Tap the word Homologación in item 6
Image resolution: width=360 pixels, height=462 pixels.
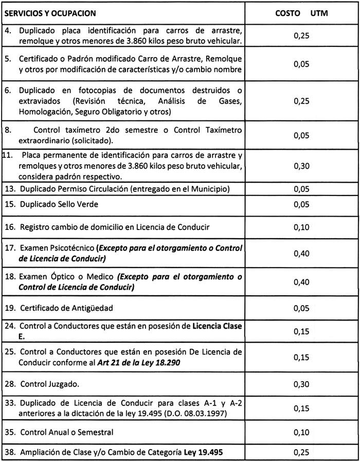pyautogui.click(x=44, y=111)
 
